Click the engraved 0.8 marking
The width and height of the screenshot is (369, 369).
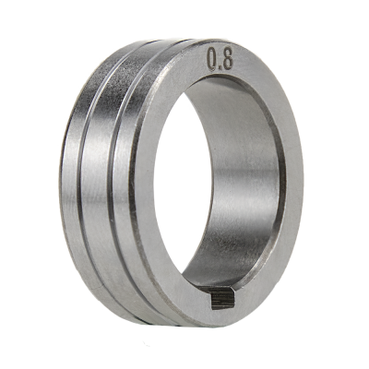click(x=220, y=59)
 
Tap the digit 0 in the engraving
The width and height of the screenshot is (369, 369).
click(x=212, y=57)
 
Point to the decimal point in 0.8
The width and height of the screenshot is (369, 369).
click(x=220, y=68)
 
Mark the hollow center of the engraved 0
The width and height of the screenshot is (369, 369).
click(x=212, y=58)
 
